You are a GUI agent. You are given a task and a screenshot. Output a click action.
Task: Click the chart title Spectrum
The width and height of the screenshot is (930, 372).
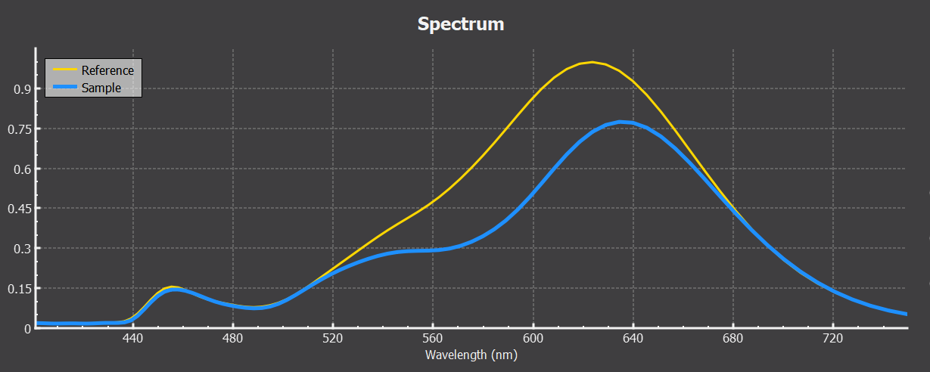460,24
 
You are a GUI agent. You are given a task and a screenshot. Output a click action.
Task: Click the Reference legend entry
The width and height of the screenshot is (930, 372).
107,70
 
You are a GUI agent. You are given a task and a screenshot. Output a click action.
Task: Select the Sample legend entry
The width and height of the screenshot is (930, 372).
101,88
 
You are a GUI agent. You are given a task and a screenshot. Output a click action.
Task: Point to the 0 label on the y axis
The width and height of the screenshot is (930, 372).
26,329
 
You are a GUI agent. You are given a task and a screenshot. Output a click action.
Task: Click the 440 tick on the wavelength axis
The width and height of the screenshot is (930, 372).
133,339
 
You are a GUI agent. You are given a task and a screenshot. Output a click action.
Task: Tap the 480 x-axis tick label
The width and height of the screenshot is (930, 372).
233,339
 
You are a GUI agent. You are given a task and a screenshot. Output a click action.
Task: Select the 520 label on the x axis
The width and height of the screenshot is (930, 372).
333,339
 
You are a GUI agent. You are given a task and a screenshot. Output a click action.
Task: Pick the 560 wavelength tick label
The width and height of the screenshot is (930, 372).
433,339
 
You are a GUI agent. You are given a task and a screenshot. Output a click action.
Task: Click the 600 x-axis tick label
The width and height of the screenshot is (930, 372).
533,339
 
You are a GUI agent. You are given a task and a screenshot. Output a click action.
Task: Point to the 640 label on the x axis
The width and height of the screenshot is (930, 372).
633,339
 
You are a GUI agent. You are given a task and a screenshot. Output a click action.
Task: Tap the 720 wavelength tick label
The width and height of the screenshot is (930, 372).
833,339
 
